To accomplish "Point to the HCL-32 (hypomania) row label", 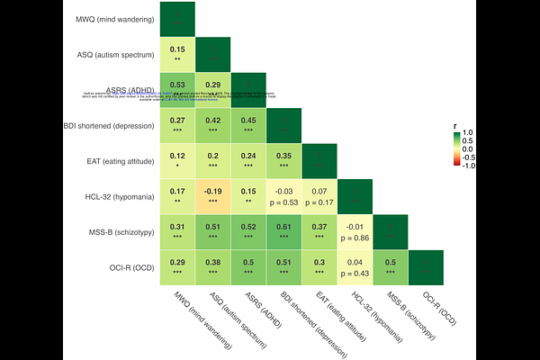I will (x=115, y=195).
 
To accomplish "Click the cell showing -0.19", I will (x=213, y=195).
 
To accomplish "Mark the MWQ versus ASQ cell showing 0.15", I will (x=178, y=54).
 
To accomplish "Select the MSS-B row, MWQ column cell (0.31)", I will (x=178, y=230).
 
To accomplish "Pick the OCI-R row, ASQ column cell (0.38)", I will (x=213, y=265).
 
